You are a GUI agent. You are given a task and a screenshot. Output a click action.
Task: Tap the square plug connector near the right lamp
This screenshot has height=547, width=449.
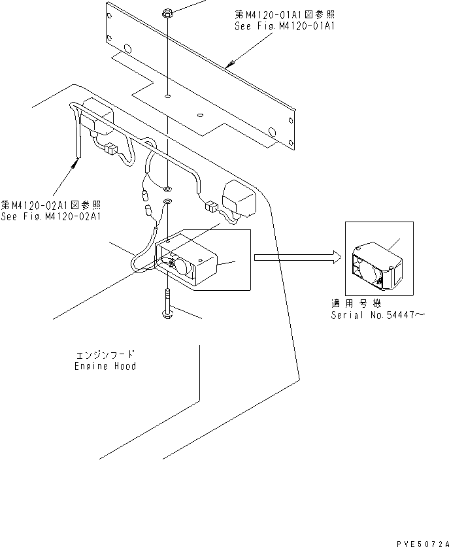pyautogui.click(x=211, y=208)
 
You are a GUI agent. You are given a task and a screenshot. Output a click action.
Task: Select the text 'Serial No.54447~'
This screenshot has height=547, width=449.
pyautogui.click(x=378, y=315)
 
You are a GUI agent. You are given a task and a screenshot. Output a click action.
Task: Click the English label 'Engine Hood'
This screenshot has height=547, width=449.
pyautogui.click(x=105, y=366)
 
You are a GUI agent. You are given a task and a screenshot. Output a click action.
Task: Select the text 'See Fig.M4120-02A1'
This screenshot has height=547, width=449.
pyautogui.click(x=51, y=217)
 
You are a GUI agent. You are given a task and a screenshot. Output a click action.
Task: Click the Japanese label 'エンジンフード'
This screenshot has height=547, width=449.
pyautogui.click(x=105, y=356)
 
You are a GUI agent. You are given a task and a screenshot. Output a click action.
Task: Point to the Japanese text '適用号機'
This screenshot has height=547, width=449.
pyautogui.click(x=356, y=305)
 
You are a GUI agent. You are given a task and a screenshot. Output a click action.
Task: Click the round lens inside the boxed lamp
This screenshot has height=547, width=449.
pyautogui.click(x=180, y=265)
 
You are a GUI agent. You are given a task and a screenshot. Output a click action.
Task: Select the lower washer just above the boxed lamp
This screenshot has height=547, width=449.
pyautogui.click(x=168, y=201)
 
